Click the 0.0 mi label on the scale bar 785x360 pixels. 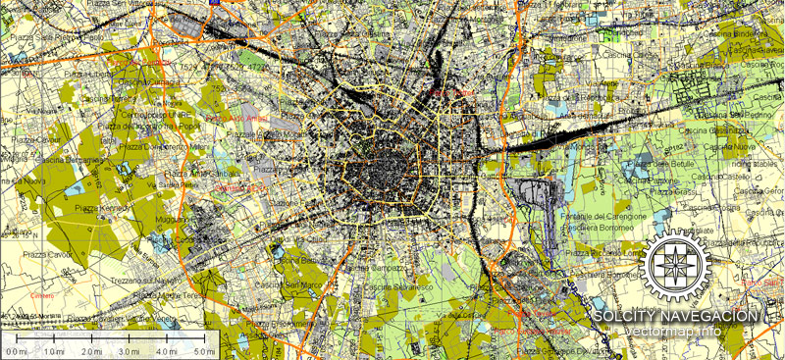16,350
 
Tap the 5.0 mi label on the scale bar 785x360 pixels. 204,350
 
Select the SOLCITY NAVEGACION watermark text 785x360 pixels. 676,316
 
